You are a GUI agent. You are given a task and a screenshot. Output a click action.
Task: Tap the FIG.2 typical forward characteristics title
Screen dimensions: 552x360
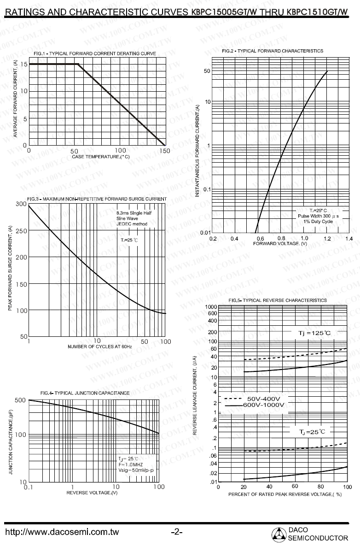tap(273, 51)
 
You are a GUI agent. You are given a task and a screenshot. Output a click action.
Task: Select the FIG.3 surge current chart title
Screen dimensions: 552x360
tap(97, 199)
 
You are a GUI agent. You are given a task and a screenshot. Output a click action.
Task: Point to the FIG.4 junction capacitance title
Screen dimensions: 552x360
tap(85, 393)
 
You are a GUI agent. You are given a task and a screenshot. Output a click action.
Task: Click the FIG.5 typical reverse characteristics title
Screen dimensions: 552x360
tap(278, 300)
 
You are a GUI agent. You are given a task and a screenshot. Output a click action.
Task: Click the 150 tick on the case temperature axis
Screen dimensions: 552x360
tap(165, 151)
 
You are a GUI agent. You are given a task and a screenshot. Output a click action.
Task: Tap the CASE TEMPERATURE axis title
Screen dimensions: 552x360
tap(101, 157)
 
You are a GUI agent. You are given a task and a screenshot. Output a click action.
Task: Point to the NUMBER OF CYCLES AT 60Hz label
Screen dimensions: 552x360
tap(100, 346)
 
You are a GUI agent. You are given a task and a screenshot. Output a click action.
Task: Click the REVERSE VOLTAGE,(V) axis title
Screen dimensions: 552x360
tap(92, 493)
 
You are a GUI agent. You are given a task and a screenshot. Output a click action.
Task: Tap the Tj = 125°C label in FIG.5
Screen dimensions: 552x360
tap(312, 332)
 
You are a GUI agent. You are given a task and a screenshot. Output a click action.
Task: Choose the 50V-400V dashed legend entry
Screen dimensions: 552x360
tap(255, 399)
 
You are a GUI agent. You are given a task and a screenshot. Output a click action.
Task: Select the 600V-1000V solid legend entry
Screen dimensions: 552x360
tap(255, 405)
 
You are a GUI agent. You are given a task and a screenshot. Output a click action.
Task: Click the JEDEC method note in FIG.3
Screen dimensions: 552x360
tap(131, 224)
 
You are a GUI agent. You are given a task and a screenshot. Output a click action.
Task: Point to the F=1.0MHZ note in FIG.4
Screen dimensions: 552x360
tap(131, 464)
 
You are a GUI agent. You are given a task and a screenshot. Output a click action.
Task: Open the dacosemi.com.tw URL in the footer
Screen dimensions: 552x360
tap(62, 532)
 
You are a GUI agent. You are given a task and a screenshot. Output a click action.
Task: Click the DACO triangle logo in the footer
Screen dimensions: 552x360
tap(279, 534)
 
